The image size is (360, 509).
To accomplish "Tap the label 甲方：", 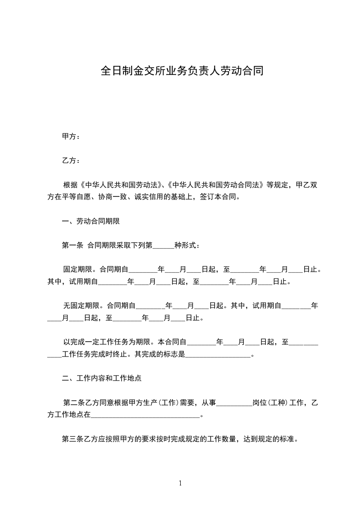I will tap(71, 136).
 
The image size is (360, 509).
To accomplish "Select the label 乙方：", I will tap(71, 161).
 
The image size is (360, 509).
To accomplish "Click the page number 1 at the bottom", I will tap(180, 483).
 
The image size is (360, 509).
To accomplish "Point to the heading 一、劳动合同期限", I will tap(91, 221).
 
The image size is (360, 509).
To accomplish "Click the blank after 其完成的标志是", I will tap(218, 354).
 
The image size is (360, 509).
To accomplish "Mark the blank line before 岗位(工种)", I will tap(234, 402).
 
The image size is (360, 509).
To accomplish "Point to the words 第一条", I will tap(72, 245).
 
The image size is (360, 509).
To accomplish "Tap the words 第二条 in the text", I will tap(74, 402).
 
